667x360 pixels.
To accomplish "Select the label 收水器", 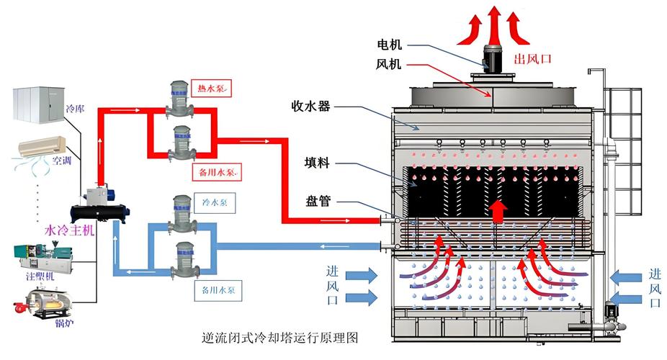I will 311,107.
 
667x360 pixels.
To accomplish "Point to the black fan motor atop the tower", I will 493,56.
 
